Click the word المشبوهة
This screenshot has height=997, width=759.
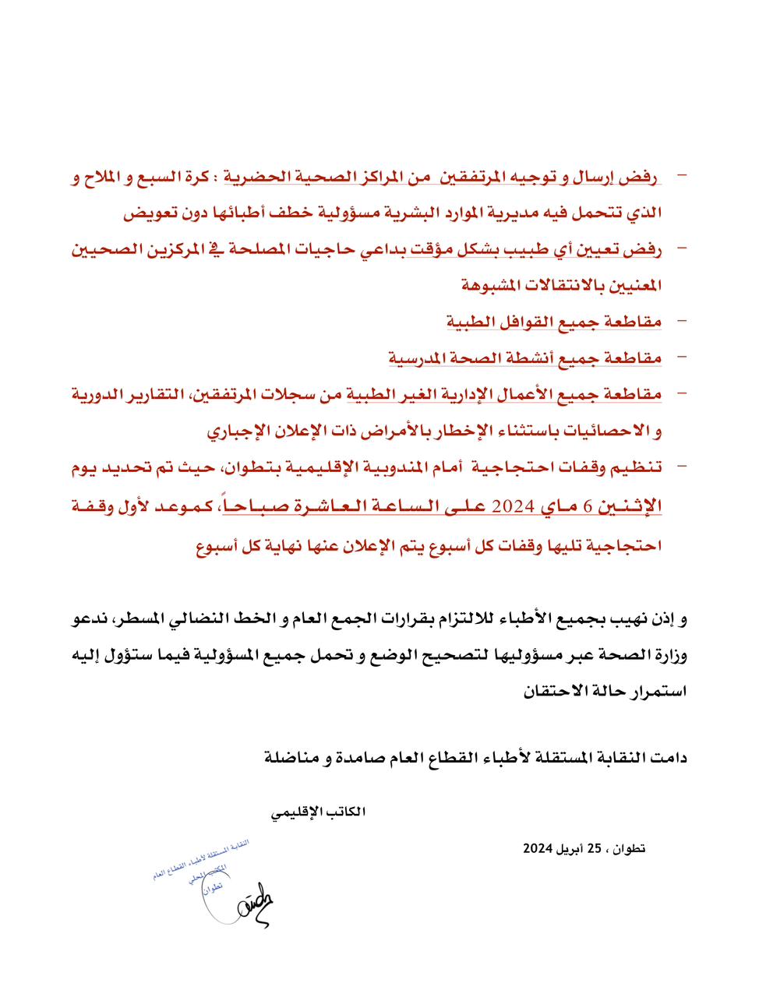[x=492, y=285]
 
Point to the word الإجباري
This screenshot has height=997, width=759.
[x=238, y=430]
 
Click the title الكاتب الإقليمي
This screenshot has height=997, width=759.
[x=319, y=812]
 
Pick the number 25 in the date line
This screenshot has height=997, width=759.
[x=594, y=848]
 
